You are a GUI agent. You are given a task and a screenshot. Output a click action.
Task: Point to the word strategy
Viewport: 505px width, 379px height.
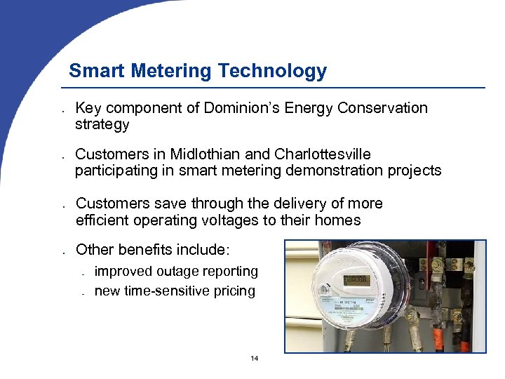102,125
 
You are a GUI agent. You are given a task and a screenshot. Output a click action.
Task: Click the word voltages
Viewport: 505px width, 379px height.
245,220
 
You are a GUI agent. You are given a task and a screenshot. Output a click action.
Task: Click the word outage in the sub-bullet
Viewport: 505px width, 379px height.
178,271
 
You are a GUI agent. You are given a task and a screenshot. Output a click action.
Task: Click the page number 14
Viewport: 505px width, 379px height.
254,359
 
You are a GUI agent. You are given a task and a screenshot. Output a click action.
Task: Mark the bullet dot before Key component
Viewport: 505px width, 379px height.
63,110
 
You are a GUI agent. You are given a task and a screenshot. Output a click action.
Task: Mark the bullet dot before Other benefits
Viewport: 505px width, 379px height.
63,251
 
